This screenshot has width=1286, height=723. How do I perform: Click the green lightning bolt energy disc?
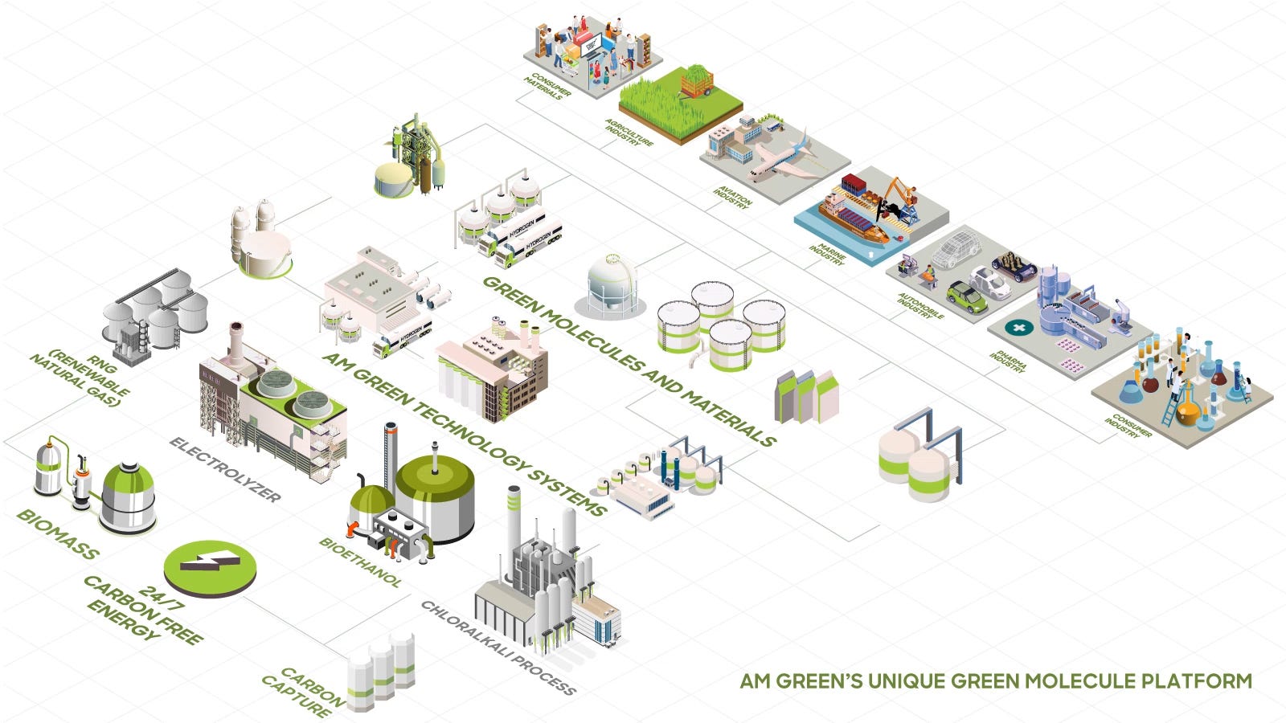pos(210,566)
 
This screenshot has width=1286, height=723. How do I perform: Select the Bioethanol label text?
pos(359,562)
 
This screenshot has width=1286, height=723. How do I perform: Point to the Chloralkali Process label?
pos(498,647)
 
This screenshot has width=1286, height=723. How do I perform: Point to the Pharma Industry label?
pos(1008,362)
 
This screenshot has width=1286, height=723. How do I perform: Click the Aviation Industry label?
pos(732,197)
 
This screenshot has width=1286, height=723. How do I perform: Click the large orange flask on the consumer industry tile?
pos(1187,409)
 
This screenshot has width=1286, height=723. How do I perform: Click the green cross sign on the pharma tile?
pos(1019,329)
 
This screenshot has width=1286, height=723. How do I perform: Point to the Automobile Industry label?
pos(919,305)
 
